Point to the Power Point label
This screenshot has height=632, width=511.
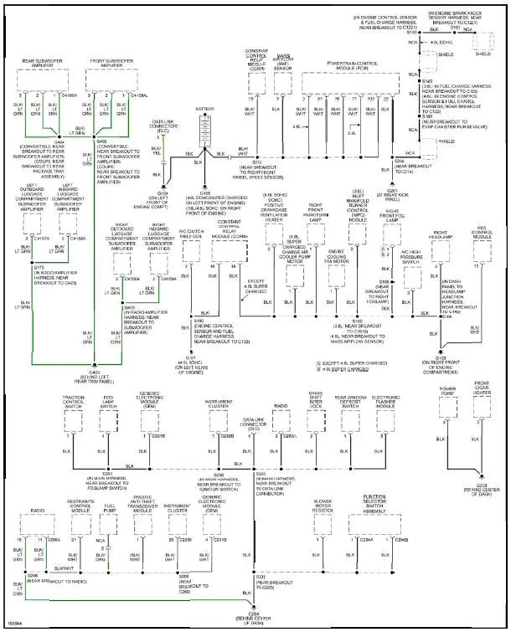(x=446, y=391)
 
